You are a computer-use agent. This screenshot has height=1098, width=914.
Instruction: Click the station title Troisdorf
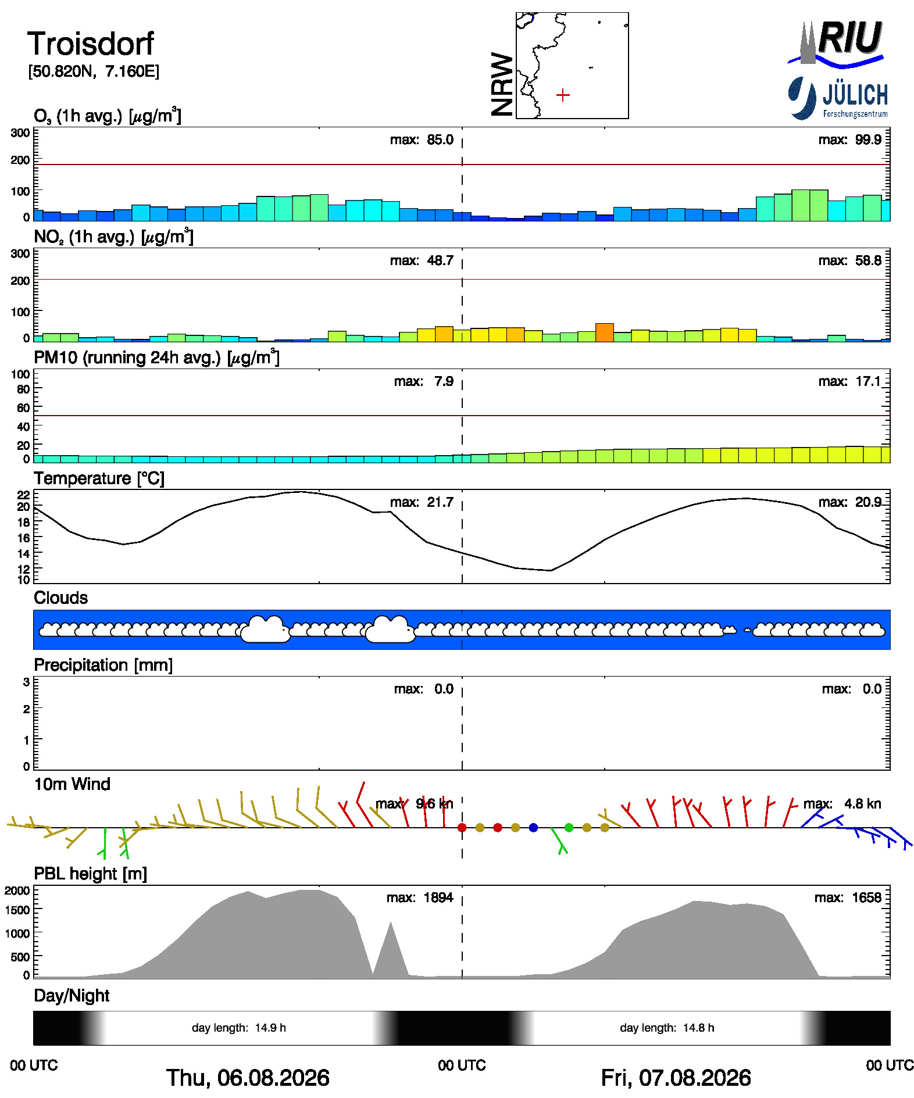coord(91,44)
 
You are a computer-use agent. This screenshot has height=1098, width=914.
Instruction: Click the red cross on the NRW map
coord(563,95)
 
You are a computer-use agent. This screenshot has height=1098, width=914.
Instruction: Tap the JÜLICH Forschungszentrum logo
coord(838,98)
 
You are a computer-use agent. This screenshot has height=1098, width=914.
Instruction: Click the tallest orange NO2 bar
coord(605,332)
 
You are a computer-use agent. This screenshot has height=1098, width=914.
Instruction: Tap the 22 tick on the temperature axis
coord(23,495)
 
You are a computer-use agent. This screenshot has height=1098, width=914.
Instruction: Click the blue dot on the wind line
coord(533,828)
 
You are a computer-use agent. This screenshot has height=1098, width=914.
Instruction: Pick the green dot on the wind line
coord(569,828)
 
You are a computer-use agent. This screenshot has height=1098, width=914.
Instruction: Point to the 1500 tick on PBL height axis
coord(17,910)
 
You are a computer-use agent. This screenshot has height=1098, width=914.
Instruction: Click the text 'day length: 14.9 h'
coord(239,1028)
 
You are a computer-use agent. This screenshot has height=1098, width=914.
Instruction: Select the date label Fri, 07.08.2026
coord(676,1078)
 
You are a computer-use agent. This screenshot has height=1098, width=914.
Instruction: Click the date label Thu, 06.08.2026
coord(248,1078)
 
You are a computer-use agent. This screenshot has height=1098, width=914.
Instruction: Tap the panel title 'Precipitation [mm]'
coord(103,665)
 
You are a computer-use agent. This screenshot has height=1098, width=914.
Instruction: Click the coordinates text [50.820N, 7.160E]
coord(94,71)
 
